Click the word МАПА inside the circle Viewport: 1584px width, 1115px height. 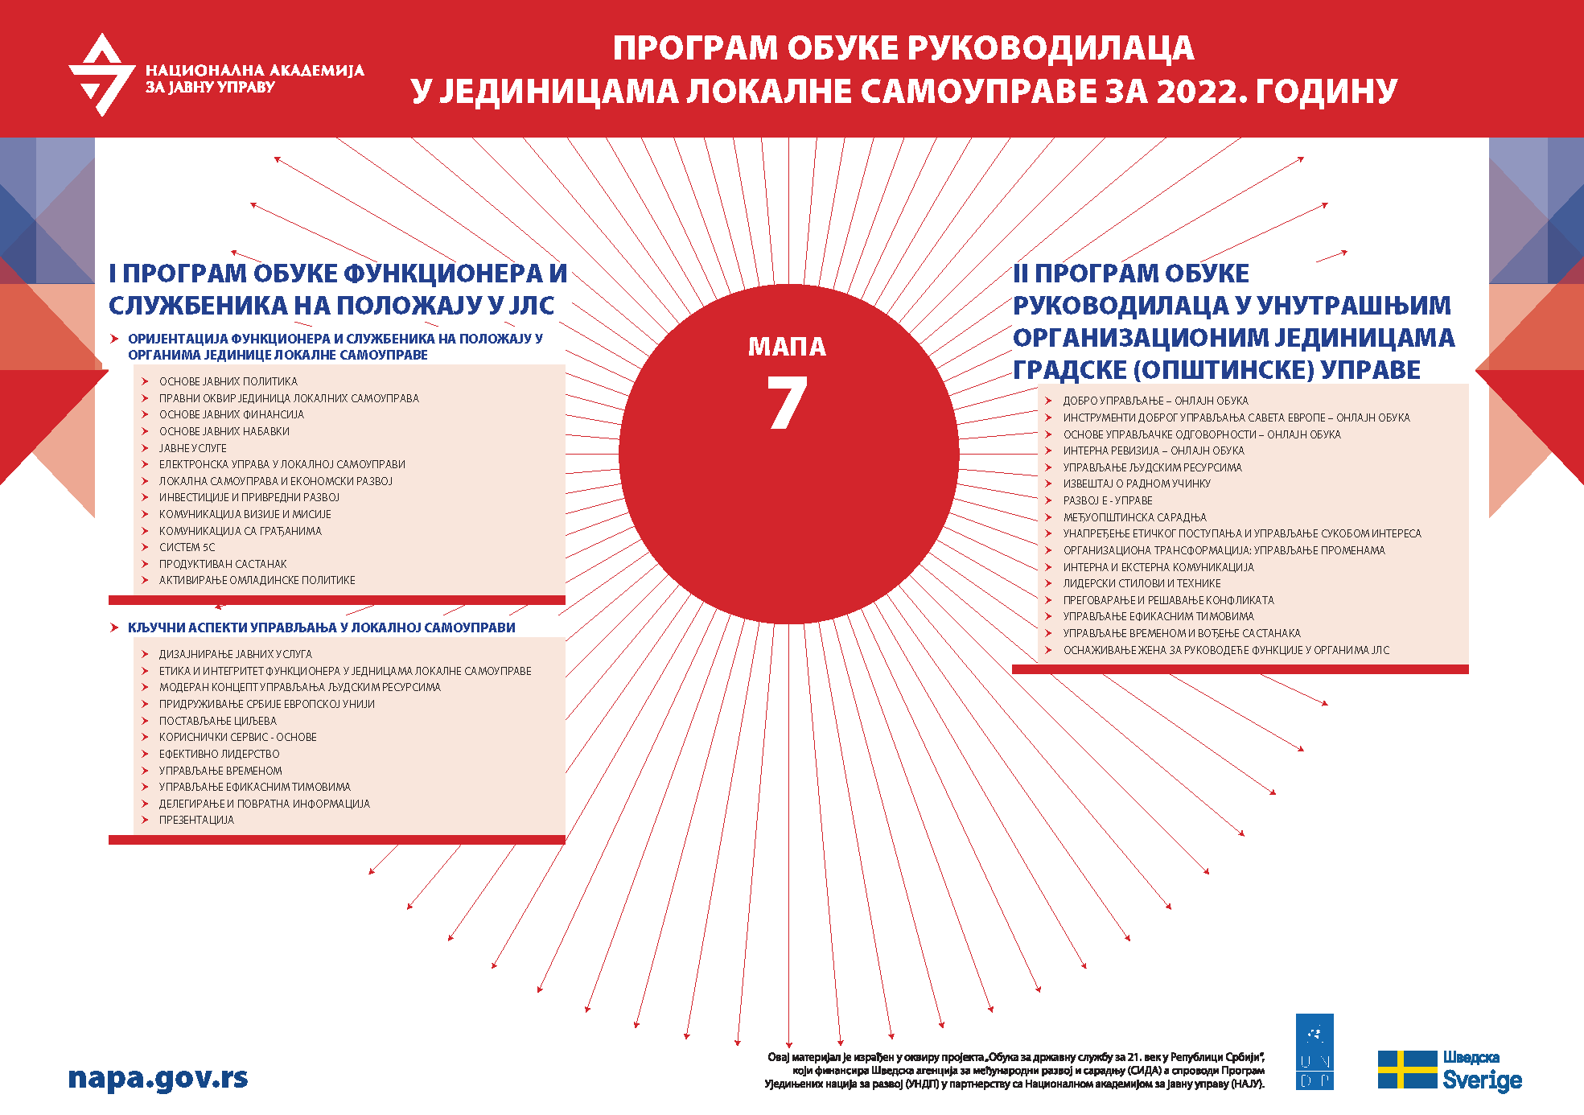point(787,347)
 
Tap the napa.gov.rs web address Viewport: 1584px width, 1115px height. point(158,1078)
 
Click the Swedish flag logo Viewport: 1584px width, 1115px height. point(1407,1070)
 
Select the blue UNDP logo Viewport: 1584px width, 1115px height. point(1315,1051)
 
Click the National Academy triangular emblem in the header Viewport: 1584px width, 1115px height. point(101,75)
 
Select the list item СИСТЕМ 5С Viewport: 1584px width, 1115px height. point(187,548)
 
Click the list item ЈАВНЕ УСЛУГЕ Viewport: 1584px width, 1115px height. point(192,448)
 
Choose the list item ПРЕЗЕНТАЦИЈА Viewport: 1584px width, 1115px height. point(196,821)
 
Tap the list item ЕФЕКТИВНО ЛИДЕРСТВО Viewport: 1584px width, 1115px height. point(219,755)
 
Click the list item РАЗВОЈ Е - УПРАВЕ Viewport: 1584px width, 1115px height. point(1107,500)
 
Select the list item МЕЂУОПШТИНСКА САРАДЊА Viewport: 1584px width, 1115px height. point(1134,517)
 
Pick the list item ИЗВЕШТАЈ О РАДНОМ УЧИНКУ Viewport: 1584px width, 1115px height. point(1136,483)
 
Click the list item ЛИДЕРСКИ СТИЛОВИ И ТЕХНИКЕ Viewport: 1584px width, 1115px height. point(1142,583)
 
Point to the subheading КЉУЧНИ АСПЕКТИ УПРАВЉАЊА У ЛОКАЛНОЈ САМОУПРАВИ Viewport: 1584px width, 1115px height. point(321,627)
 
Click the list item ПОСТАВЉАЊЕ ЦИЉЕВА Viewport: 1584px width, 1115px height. point(217,721)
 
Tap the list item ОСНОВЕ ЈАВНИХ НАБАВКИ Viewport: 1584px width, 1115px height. point(224,431)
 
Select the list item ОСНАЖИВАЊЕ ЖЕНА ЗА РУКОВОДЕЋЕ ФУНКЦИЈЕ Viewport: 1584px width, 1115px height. point(1226,650)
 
